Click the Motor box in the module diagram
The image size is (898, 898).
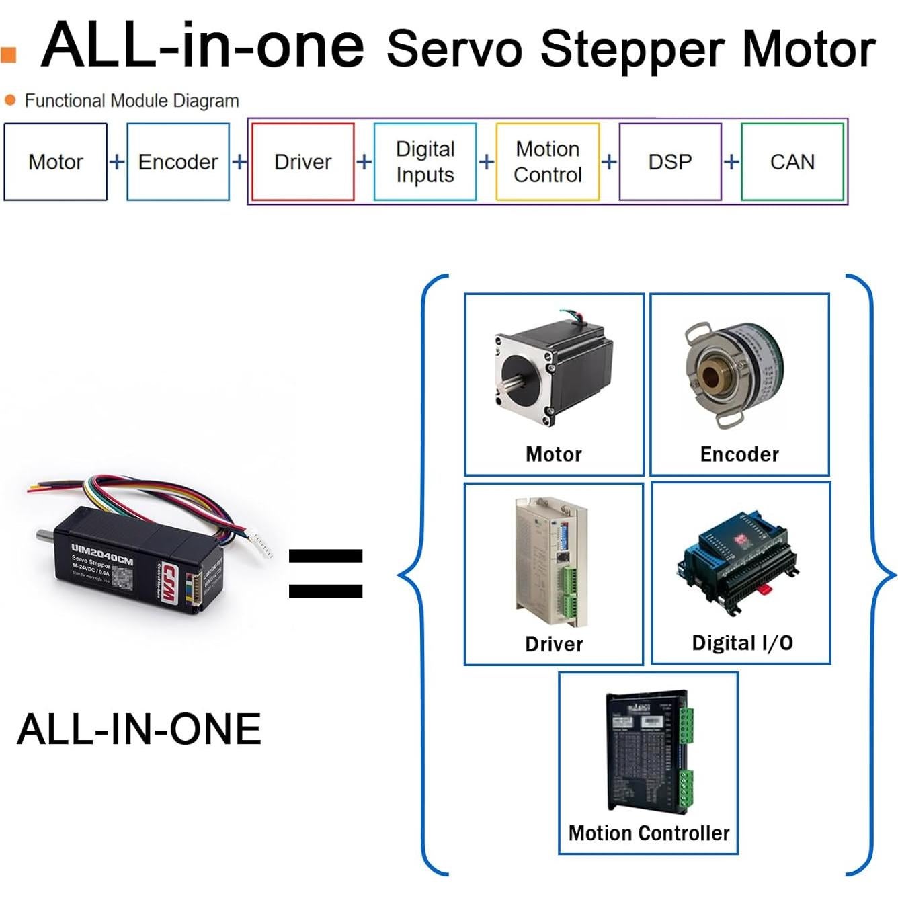pyautogui.click(x=56, y=162)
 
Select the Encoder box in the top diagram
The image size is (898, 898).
pyautogui.click(x=178, y=162)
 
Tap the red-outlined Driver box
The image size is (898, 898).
pyautogui.click(x=302, y=162)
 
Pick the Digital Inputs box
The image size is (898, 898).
pyautogui.click(x=425, y=162)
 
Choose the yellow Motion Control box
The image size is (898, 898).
pyautogui.click(x=547, y=162)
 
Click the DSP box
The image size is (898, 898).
pyautogui.click(x=670, y=162)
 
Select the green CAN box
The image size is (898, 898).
pyautogui.click(x=792, y=162)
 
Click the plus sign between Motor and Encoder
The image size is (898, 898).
pyautogui.click(x=117, y=162)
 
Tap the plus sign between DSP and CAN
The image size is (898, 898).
pyautogui.click(x=731, y=162)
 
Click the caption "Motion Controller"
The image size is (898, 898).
pyautogui.click(x=649, y=833)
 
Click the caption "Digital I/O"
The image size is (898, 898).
pyautogui.click(x=742, y=643)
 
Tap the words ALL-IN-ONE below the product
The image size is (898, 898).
pyautogui.click(x=139, y=729)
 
